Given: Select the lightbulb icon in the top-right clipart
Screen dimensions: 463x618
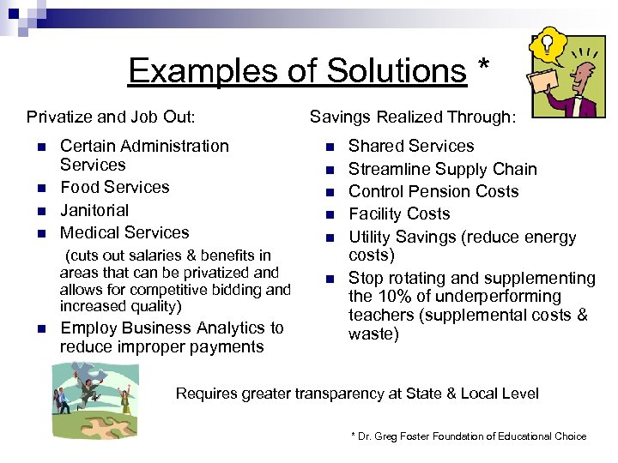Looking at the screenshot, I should coord(546,44).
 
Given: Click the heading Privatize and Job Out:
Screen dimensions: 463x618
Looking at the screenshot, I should coord(111,117).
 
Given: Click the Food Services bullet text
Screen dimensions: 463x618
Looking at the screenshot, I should coord(114,187).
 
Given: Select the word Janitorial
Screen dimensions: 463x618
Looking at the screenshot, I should coord(94,210).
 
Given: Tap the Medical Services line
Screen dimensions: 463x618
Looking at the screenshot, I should coord(124,232).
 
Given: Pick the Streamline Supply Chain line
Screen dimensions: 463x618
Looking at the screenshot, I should coord(442,169).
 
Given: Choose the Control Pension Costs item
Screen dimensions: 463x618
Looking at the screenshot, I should coord(433,191).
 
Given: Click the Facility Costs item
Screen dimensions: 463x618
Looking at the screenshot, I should coord(398,213).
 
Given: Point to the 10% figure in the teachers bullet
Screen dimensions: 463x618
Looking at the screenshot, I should coord(394,297).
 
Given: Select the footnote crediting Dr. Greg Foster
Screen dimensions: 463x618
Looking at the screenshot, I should coord(469,436).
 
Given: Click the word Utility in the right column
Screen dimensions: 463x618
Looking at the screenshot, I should coord(371,238).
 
